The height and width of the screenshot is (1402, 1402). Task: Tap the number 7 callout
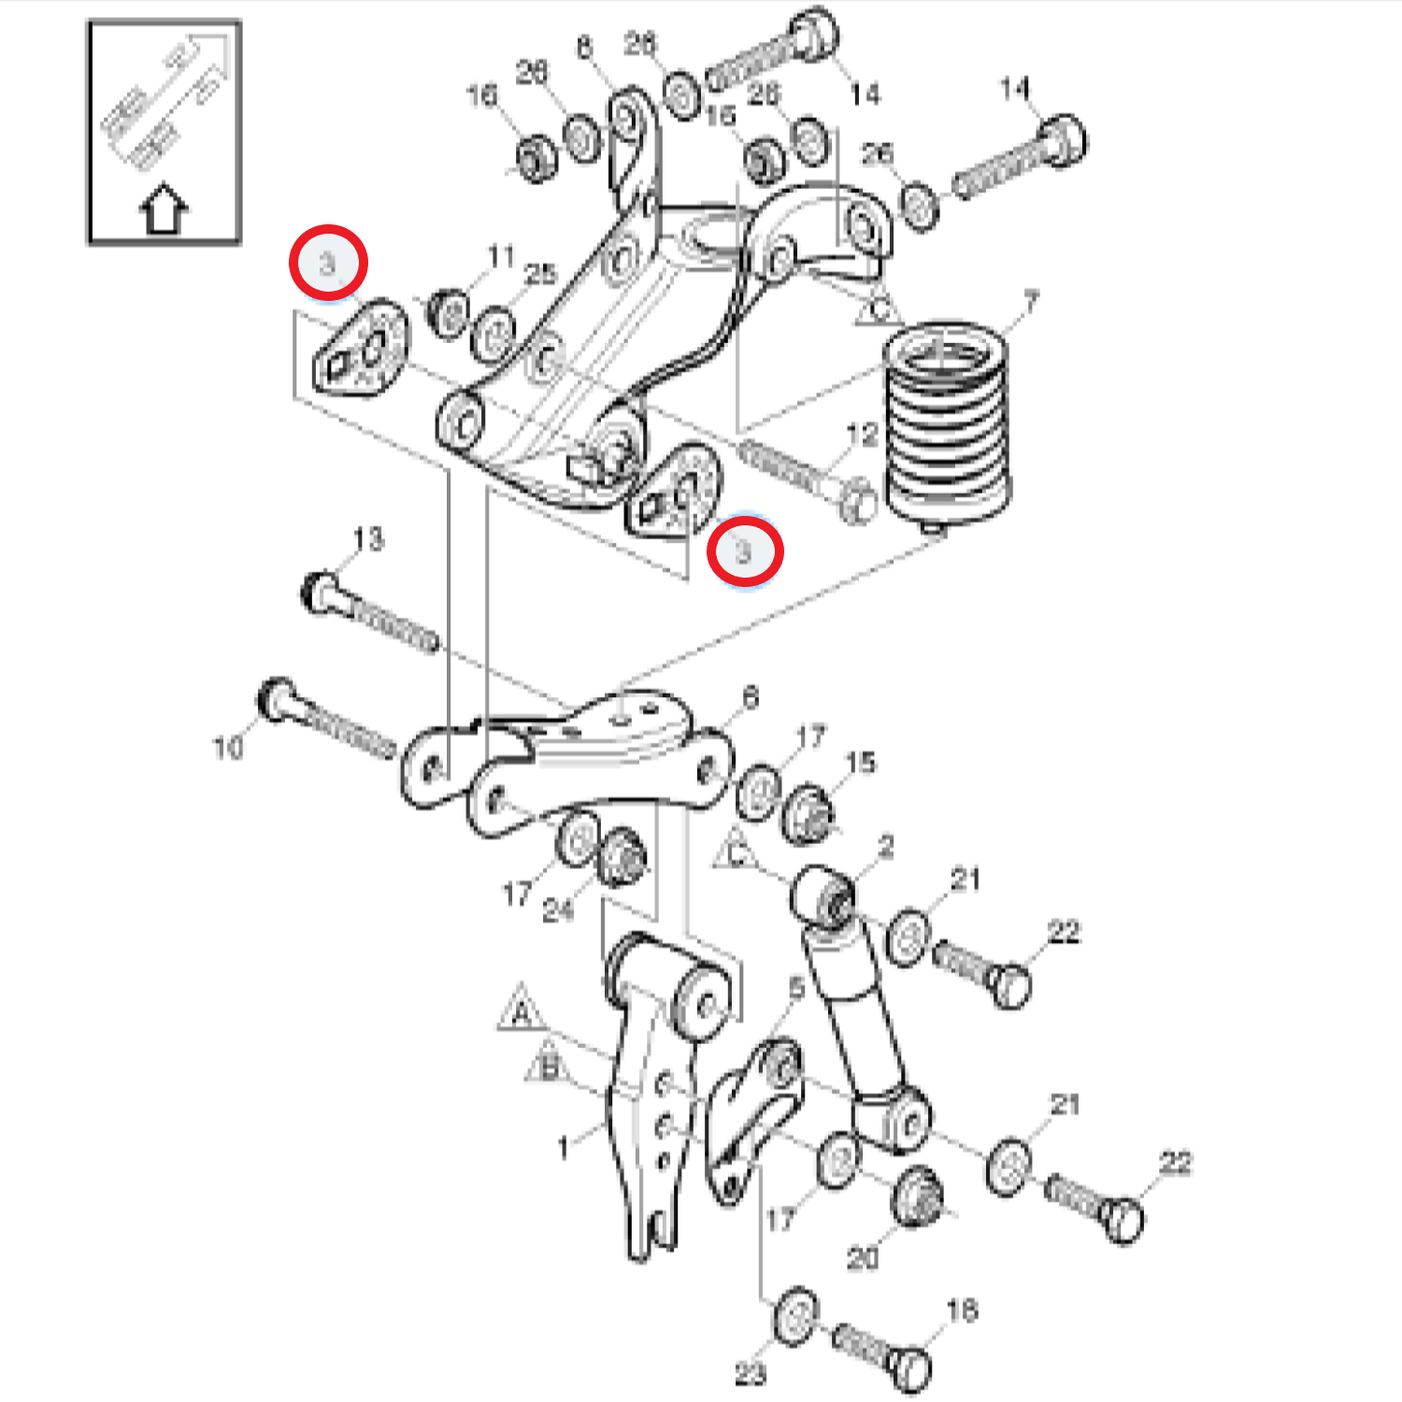pyautogui.click(x=1030, y=302)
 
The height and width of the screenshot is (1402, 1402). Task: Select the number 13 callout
pyautogui.click(x=368, y=539)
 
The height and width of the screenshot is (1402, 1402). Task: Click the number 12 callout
pyautogui.click(x=862, y=435)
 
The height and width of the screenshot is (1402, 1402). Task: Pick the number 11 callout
pyautogui.click(x=501, y=255)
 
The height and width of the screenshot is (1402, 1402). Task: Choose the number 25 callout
pyautogui.click(x=540, y=274)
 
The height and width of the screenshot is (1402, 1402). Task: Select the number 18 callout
pyautogui.click(x=963, y=1310)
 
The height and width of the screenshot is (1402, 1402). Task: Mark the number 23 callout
pyautogui.click(x=750, y=1374)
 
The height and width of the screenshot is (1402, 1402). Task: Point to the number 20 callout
pyautogui.click(x=862, y=1258)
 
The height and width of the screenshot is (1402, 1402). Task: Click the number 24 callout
pyautogui.click(x=558, y=909)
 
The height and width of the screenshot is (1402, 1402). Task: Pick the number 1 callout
pyautogui.click(x=563, y=1147)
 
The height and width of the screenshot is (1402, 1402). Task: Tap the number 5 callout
pyautogui.click(x=796, y=988)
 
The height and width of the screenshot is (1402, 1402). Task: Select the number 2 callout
pyautogui.click(x=885, y=848)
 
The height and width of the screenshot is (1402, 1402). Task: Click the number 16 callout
pyautogui.click(x=482, y=94)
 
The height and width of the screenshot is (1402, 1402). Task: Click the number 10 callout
pyautogui.click(x=228, y=748)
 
